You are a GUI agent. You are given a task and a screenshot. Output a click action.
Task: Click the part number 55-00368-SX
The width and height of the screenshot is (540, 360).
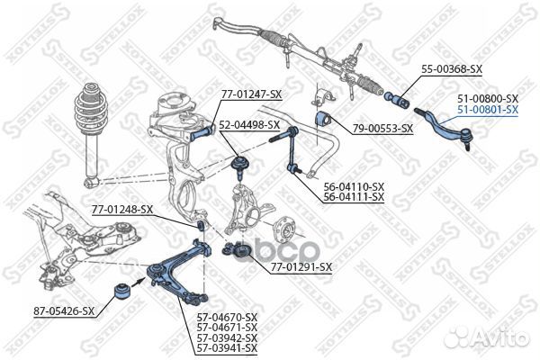tap(452, 69)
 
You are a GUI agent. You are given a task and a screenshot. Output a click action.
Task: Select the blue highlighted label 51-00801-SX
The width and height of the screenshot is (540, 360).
tap(488, 110)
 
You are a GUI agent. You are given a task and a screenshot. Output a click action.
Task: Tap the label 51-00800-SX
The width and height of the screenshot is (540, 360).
tap(488, 99)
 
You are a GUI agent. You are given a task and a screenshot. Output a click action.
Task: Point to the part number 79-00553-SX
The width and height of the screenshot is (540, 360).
tap(382, 129)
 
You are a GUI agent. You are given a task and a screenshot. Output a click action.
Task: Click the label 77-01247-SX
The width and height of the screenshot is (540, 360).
tap(251, 94)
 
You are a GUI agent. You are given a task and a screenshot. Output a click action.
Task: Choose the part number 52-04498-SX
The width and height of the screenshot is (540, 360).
tap(249, 124)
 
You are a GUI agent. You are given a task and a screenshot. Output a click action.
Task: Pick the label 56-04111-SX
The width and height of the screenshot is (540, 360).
tap(354, 197)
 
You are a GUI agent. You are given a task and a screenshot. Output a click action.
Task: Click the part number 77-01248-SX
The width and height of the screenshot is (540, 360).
tap(122, 210)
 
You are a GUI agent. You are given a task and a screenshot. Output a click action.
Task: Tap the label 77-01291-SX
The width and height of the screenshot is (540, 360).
tap(301, 267)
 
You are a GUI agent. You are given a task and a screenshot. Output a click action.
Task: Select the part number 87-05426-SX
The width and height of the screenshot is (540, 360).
tap(64, 311)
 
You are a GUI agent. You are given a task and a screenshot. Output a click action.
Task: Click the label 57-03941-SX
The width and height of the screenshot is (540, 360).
tap(228, 348)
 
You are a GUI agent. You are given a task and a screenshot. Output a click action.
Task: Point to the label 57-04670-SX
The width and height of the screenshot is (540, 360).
tap(228, 317)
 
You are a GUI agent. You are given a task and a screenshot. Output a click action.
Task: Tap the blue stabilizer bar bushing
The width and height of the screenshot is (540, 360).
tap(323, 119)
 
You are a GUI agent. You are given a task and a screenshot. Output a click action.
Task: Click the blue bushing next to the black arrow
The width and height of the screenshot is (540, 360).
tap(121, 291)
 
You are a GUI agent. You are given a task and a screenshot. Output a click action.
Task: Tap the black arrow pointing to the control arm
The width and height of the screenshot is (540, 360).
tap(138, 283)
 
